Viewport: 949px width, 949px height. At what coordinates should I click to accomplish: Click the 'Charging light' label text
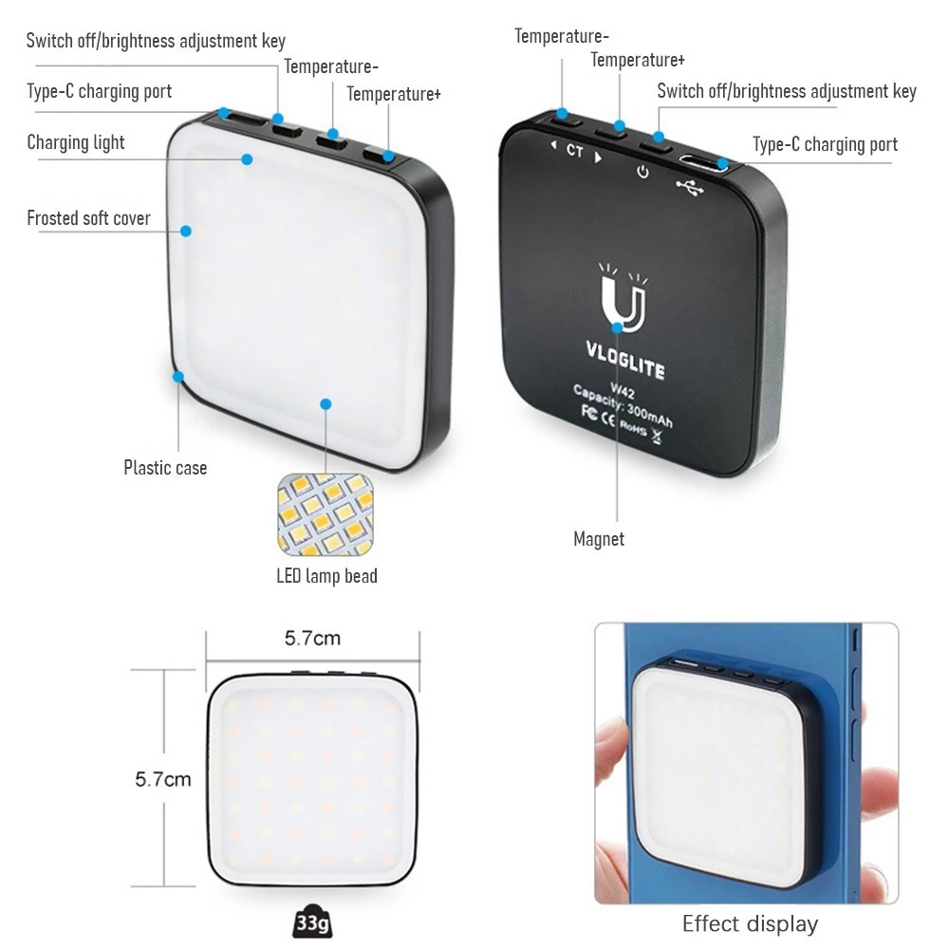point(76,143)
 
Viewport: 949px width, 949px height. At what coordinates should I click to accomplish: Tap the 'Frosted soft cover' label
point(88,218)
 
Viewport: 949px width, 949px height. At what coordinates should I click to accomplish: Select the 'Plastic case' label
point(165,468)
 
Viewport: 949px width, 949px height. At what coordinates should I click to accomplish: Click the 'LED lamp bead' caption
point(326,576)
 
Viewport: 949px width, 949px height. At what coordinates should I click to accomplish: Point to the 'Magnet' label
point(599,539)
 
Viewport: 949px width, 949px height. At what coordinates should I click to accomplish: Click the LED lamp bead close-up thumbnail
point(326,514)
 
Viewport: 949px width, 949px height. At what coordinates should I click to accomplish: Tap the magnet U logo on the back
point(623,300)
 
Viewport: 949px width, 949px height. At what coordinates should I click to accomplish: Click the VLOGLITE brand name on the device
point(625,360)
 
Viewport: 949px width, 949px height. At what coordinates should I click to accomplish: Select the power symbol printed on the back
point(642,172)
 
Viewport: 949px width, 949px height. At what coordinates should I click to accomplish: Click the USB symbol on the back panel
point(690,188)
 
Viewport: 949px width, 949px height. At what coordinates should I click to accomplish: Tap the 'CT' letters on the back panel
point(575,150)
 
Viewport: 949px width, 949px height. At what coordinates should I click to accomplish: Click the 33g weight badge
point(313,922)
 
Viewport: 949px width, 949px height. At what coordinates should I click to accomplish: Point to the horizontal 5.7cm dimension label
point(312,638)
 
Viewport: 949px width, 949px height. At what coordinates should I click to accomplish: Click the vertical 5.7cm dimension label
point(163,779)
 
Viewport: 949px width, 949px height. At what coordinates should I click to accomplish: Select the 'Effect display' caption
point(750,924)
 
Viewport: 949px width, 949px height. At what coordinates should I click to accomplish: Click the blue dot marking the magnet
point(617,328)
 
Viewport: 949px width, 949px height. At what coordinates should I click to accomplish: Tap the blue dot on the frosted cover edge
point(186,232)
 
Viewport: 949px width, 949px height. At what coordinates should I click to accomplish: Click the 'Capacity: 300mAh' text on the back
point(623,405)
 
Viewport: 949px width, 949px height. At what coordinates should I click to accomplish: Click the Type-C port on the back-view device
point(702,162)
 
